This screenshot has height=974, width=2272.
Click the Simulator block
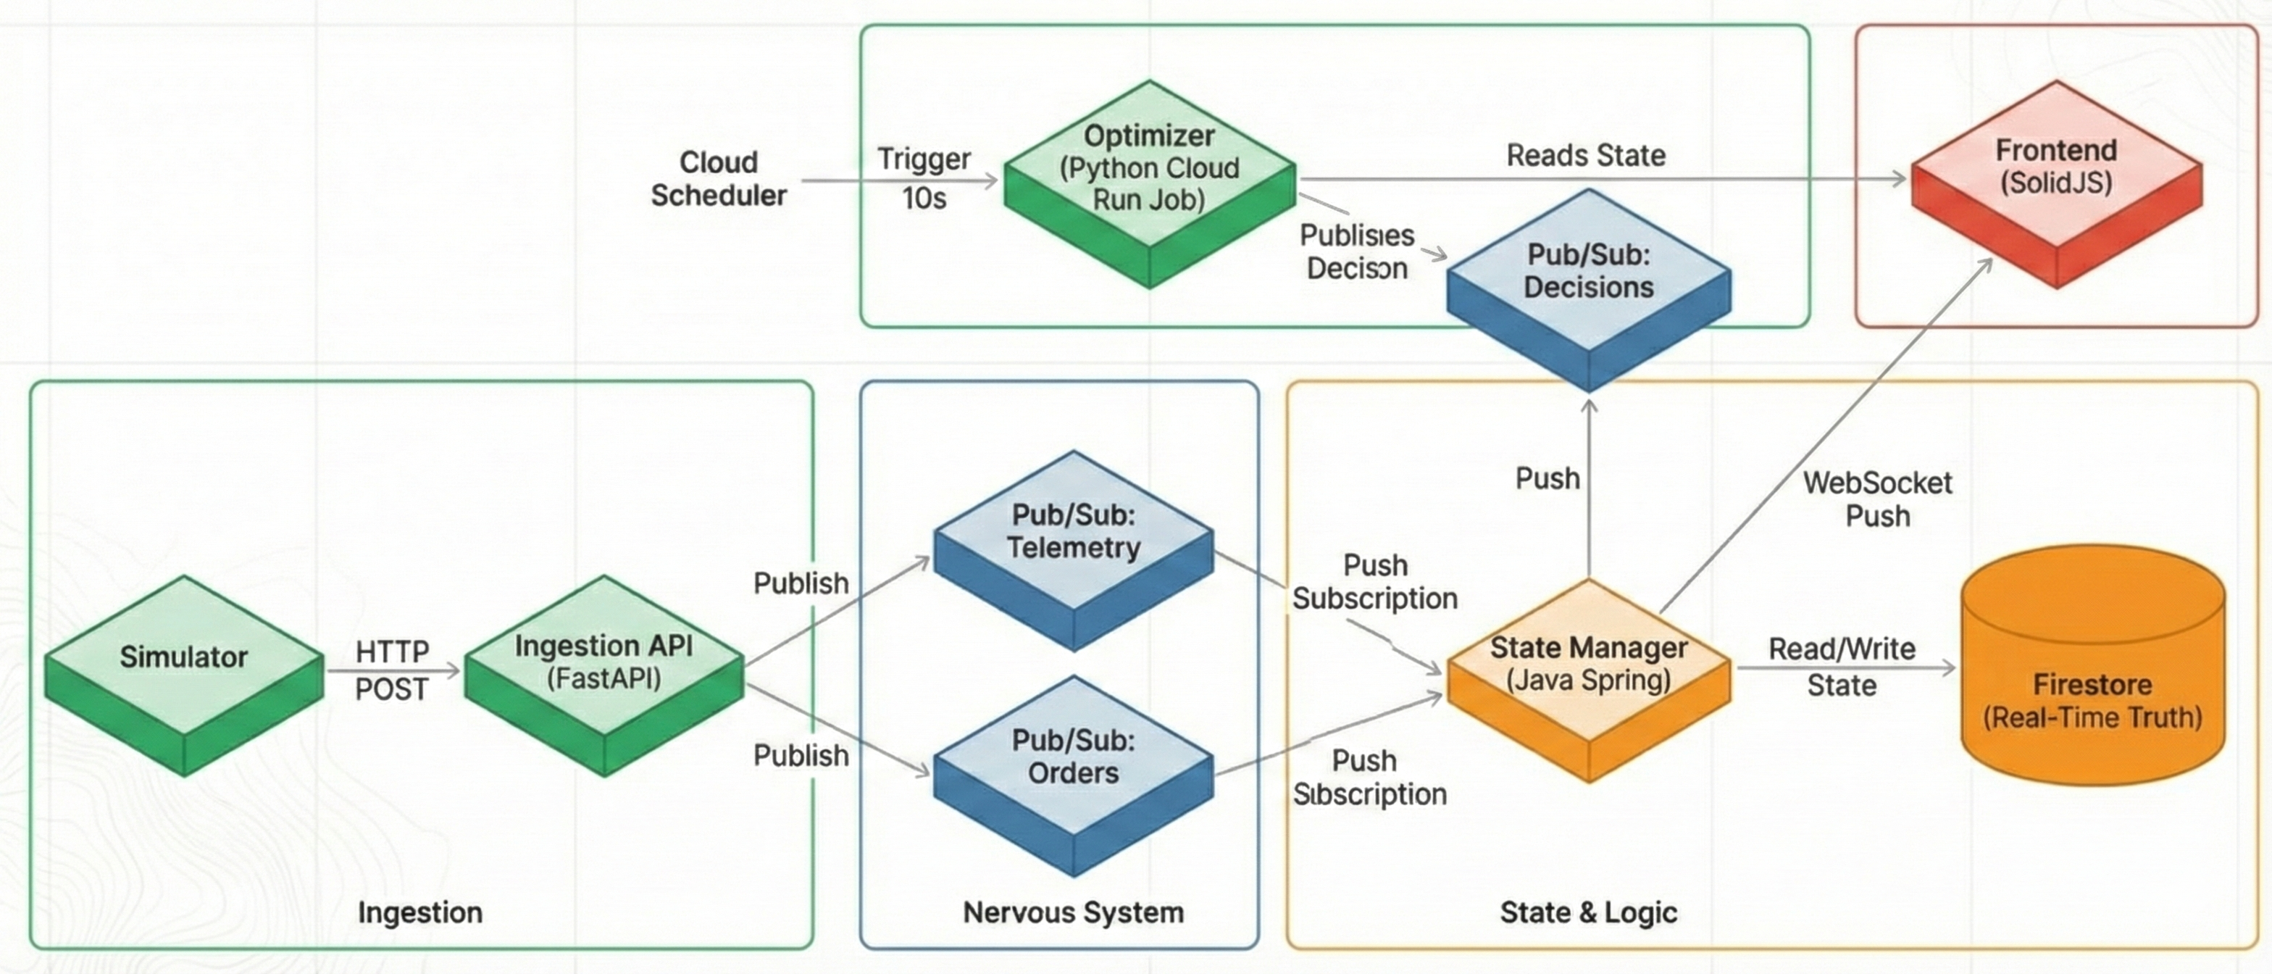[183, 657]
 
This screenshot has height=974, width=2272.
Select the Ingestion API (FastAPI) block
[604, 662]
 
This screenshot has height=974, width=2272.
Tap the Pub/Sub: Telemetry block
[1074, 532]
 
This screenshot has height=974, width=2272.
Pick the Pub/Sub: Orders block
[1074, 757]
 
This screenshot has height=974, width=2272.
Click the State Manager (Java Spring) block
[1589, 663]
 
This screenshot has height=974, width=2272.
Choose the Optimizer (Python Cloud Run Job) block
[1149, 167]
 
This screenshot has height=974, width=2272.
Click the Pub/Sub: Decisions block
[1589, 271]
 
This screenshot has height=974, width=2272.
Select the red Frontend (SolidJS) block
[2056, 167]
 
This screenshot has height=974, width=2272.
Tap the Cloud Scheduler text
[719, 178]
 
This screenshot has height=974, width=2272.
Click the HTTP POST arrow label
[392, 670]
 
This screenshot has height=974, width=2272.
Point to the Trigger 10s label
[924, 178]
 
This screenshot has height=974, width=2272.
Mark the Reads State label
[1586, 155]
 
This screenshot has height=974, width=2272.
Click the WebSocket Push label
[1878, 499]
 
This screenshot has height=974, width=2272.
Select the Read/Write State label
[1842, 667]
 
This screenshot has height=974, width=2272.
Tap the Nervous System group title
[1074, 912]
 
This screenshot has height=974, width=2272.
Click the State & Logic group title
[1589, 912]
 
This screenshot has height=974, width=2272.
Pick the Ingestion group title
[419, 912]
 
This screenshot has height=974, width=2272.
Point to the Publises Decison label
[1356, 251]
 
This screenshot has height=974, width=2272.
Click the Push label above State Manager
[1547, 478]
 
